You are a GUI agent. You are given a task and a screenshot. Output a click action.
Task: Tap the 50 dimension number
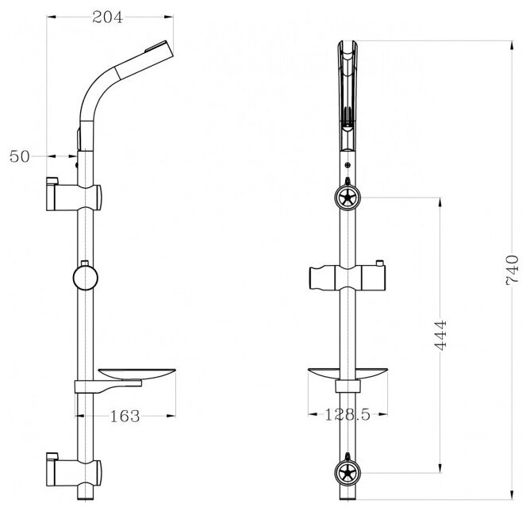(19, 156)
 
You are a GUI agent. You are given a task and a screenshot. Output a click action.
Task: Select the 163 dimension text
(125, 415)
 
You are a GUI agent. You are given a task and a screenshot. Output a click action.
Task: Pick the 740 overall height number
(512, 270)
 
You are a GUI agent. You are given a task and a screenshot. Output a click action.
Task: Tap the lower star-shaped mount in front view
(346, 474)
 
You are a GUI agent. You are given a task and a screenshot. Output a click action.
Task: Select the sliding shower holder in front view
(348, 279)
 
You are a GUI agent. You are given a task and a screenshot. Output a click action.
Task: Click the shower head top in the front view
(347, 48)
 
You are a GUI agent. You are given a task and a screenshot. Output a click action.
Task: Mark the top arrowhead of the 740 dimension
(505, 40)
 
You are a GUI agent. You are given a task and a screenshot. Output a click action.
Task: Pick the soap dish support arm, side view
(111, 386)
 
